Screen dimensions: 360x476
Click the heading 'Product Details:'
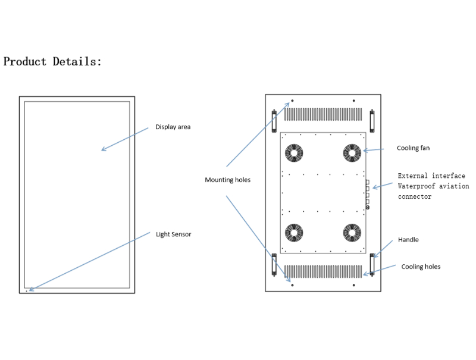point(53,61)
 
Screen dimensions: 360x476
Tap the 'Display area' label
point(173,127)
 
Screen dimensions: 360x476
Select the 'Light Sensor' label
point(174,234)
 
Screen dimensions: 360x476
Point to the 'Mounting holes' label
point(228,180)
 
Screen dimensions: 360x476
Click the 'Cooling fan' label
point(413,148)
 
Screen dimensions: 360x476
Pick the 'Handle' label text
point(408,240)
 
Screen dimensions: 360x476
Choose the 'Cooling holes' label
point(421,267)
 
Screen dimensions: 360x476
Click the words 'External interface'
point(431,176)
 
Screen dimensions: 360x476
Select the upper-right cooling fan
point(352,153)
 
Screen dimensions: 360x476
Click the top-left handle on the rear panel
point(274,121)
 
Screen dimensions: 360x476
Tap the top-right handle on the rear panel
point(372,121)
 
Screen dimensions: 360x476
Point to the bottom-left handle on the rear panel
point(274,264)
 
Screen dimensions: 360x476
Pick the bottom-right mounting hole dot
point(354,286)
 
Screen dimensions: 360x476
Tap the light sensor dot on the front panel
point(27,291)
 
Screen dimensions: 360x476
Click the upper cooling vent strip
point(323,114)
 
